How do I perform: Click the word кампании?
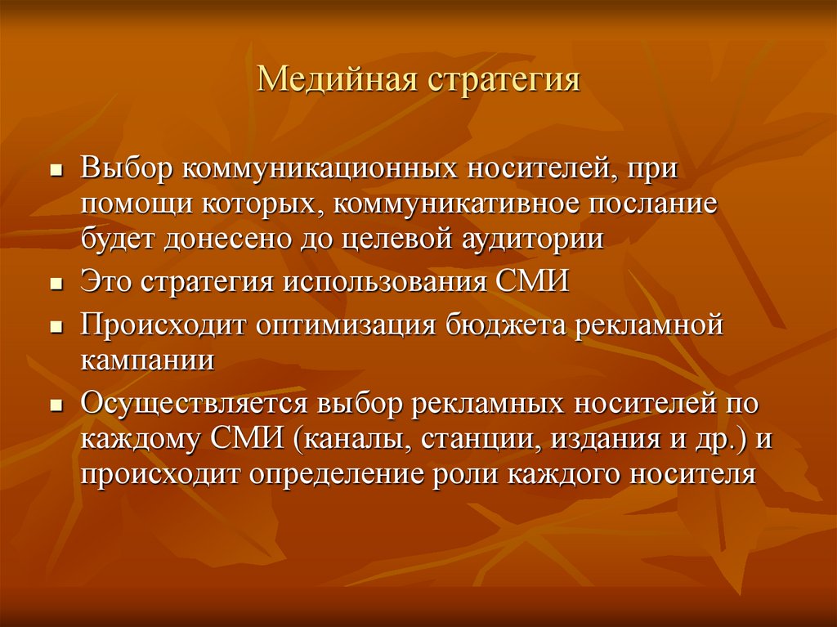coord(148,361)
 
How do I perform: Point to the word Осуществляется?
coord(193,405)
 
